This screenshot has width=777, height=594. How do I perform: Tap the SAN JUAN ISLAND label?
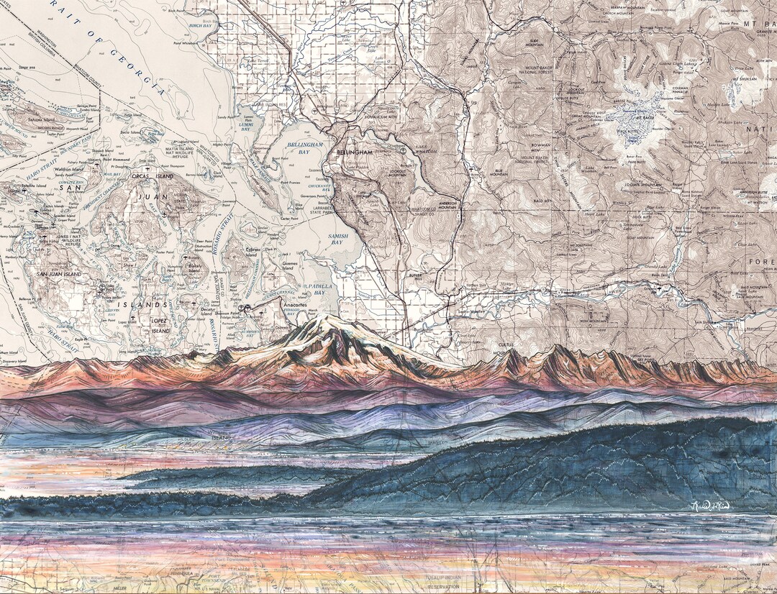point(62,276)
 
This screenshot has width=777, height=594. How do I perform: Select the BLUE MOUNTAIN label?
point(499,173)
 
